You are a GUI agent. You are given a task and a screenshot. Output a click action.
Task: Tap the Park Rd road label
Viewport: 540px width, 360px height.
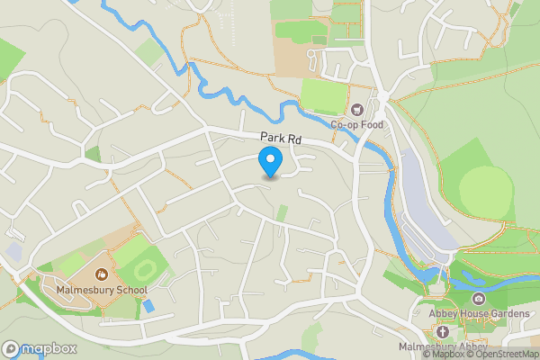click(281, 138)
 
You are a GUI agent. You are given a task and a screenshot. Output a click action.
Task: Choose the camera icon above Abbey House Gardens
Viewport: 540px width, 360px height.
click(477, 299)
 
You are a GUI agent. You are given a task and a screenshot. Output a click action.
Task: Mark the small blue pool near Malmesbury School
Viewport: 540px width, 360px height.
click(148, 306)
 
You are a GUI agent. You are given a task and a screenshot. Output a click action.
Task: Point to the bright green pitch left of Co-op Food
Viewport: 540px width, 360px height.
click(322, 95)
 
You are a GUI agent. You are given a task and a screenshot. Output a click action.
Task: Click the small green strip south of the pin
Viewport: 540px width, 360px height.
click(283, 213)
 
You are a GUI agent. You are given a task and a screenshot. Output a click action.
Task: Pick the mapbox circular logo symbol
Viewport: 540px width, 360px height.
click(11, 349)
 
